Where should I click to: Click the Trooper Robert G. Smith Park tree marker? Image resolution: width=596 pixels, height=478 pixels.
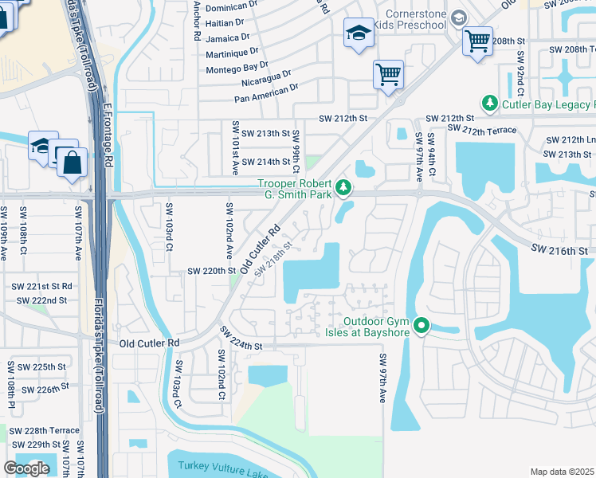(x=343, y=188)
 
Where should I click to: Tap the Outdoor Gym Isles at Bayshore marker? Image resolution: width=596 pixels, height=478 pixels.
(x=423, y=326)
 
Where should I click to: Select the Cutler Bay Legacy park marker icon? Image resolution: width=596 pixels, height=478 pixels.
(x=489, y=104)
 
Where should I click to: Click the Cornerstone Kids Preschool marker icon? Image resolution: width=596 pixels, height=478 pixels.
(x=458, y=18)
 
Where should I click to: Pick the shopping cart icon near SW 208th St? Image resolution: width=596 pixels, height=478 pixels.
(x=476, y=40)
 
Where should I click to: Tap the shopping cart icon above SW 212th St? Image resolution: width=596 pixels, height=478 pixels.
(x=388, y=74)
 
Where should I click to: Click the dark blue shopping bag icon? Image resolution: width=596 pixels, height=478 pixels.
(x=72, y=163)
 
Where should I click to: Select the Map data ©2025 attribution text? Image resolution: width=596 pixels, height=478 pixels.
(x=563, y=472)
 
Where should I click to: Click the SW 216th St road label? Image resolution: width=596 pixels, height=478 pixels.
(x=561, y=250)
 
